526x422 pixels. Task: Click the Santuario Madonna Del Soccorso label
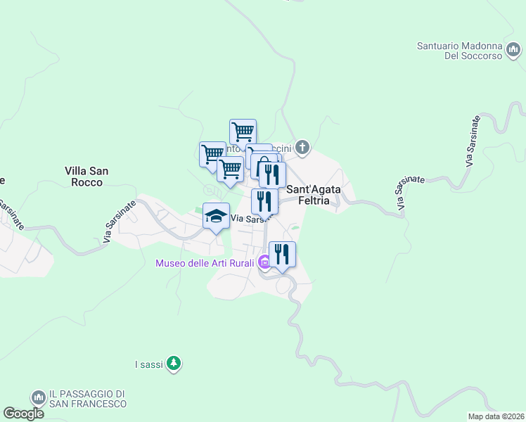(458, 51)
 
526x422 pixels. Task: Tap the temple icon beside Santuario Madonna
(515, 50)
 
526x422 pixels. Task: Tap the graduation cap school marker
(217, 216)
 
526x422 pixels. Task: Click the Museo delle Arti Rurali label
(205, 264)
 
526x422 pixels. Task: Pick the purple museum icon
(264, 264)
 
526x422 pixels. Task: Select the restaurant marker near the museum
(282, 254)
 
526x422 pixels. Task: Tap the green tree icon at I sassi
(174, 364)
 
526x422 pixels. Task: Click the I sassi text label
(149, 364)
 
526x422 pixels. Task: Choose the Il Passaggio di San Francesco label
(88, 399)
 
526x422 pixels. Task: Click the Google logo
(23, 414)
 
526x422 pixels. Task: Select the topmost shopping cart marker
(243, 132)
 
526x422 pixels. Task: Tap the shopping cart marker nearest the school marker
(230, 170)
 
